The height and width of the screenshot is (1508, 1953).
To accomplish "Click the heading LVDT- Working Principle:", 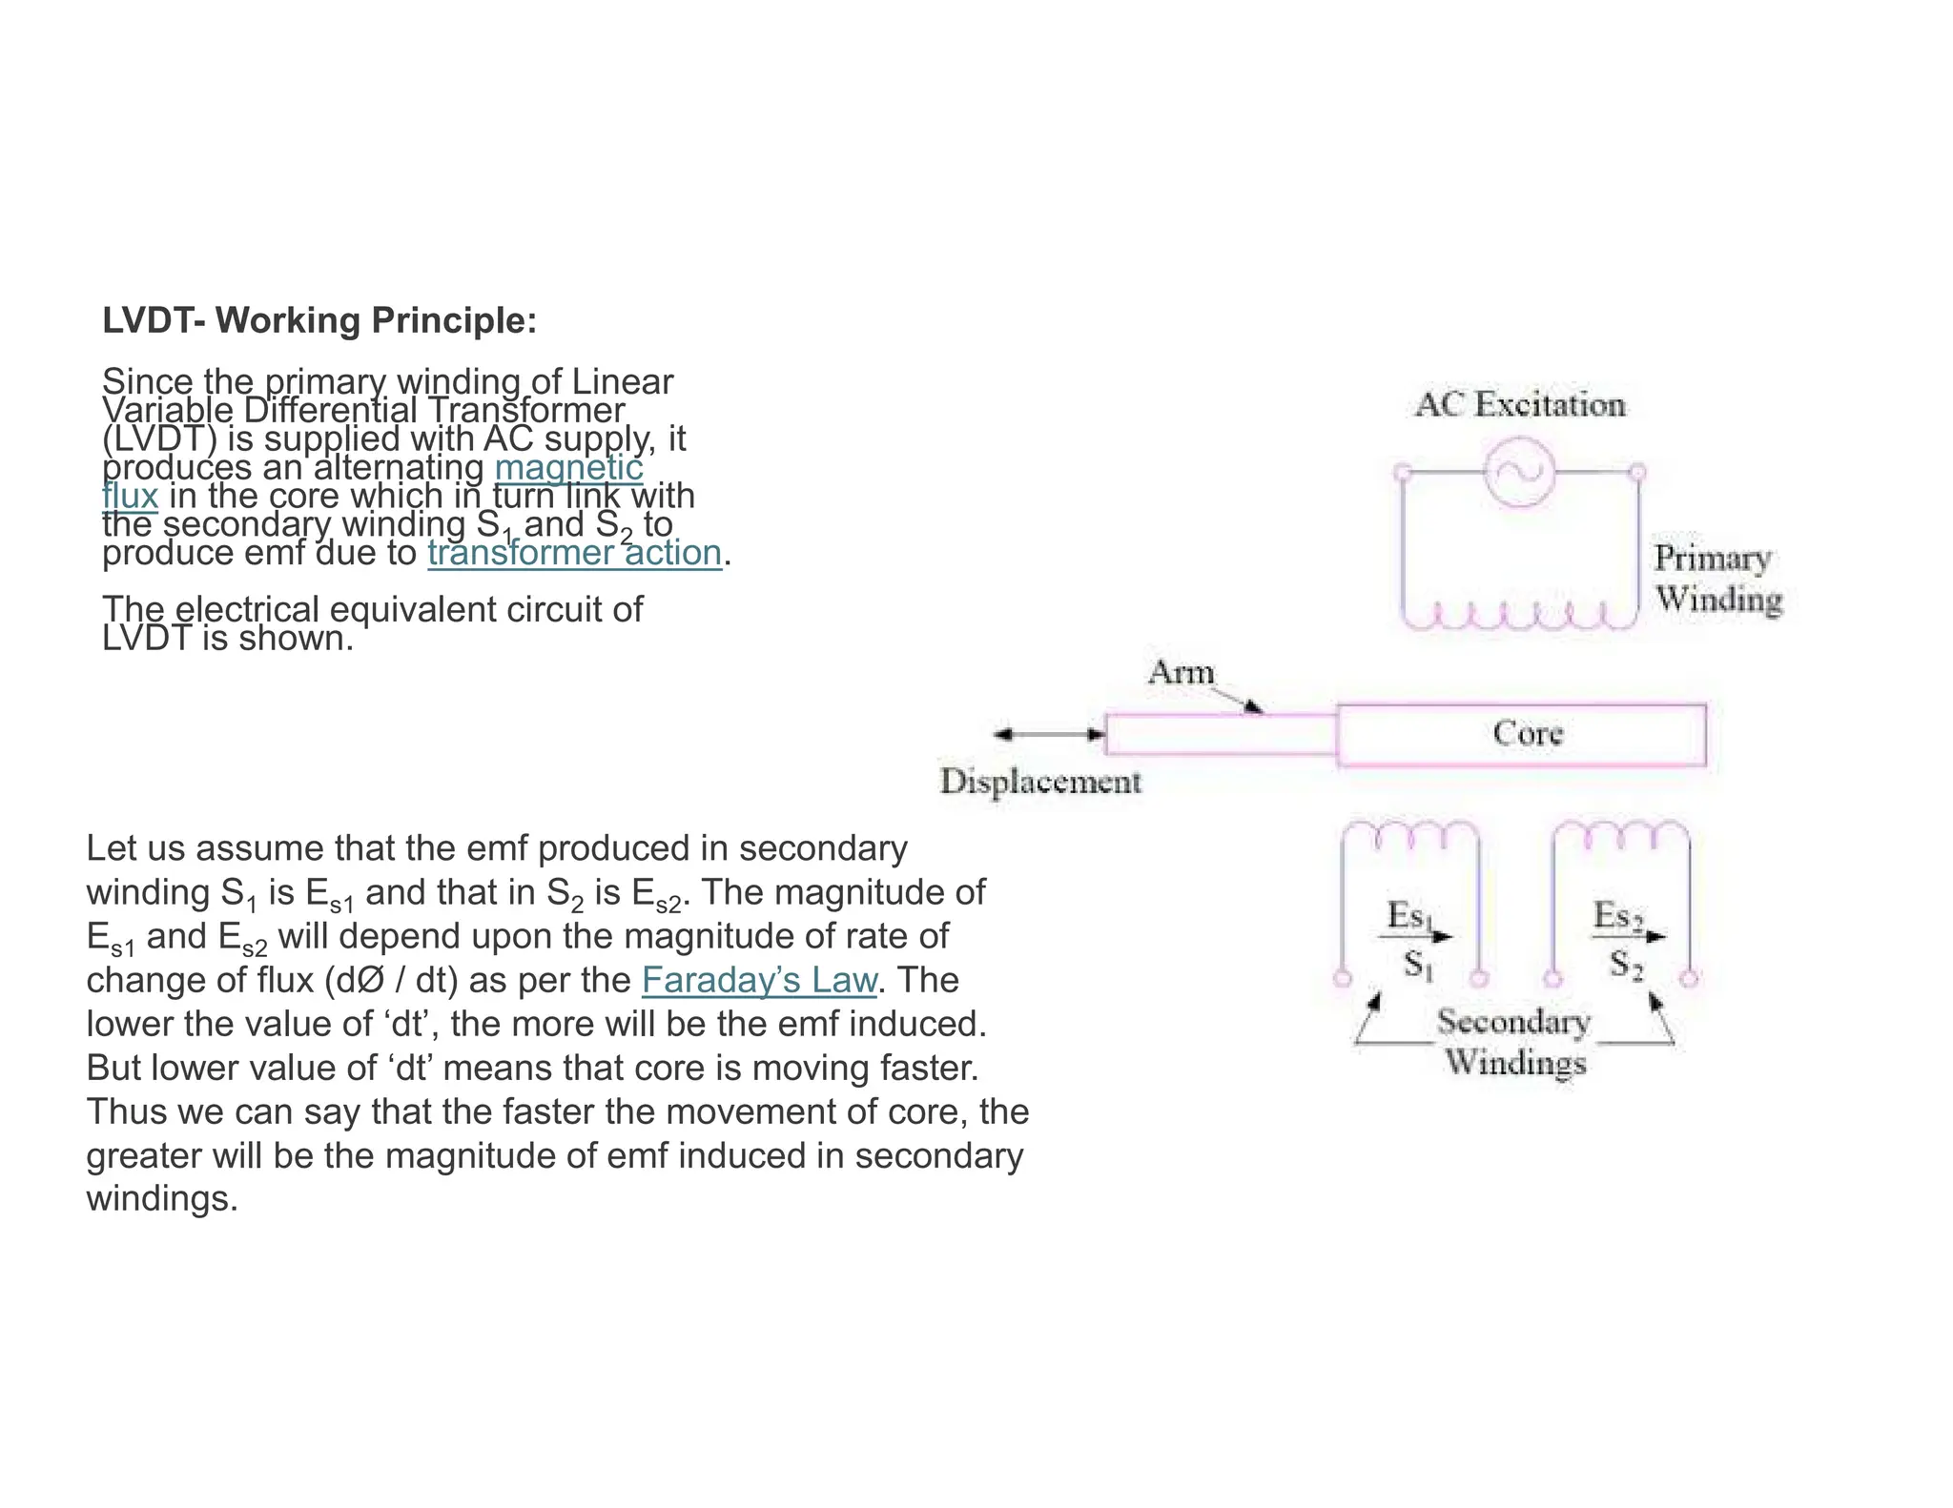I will click(319, 321).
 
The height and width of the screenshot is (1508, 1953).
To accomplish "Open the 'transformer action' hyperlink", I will click(574, 553).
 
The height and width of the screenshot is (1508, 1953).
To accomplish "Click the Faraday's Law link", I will click(759, 980).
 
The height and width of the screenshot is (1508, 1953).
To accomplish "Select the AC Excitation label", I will click(1520, 405).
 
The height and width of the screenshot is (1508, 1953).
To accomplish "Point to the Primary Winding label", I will click(1717, 579).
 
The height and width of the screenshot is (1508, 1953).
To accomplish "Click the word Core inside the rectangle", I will click(1528, 733).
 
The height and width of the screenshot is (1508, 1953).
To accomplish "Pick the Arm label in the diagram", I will click(1182, 673).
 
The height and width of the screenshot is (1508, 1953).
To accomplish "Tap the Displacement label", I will click(1040, 782).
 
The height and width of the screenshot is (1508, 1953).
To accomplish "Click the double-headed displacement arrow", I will click(1049, 734).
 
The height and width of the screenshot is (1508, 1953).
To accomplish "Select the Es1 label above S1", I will click(1409, 916).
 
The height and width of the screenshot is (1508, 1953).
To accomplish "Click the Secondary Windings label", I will click(1514, 1042).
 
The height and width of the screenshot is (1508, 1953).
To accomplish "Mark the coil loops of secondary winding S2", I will click(1621, 835).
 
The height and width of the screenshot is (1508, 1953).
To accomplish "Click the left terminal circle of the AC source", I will click(1402, 472).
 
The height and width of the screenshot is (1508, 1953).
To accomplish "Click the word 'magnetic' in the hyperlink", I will click(568, 468).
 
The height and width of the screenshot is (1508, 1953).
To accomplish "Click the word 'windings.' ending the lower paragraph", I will click(161, 1199).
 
